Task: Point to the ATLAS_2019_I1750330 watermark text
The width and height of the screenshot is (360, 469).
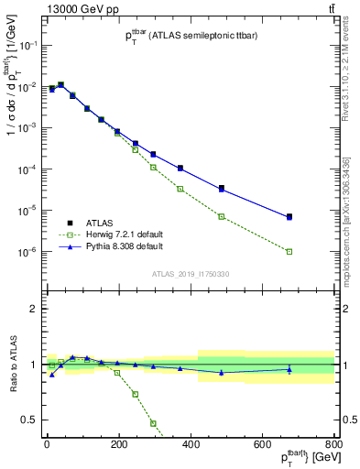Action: tap(190, 274)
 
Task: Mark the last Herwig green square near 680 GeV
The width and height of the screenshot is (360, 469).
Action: tap(289, 251)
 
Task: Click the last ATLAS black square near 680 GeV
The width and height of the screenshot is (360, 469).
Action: tap(289, 216)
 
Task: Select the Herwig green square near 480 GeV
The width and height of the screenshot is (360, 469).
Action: tap(222, 216)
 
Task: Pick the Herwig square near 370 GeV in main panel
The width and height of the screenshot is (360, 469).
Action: tap(180, 189)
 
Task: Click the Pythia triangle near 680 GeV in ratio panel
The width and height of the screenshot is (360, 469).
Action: tap(289, 370)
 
